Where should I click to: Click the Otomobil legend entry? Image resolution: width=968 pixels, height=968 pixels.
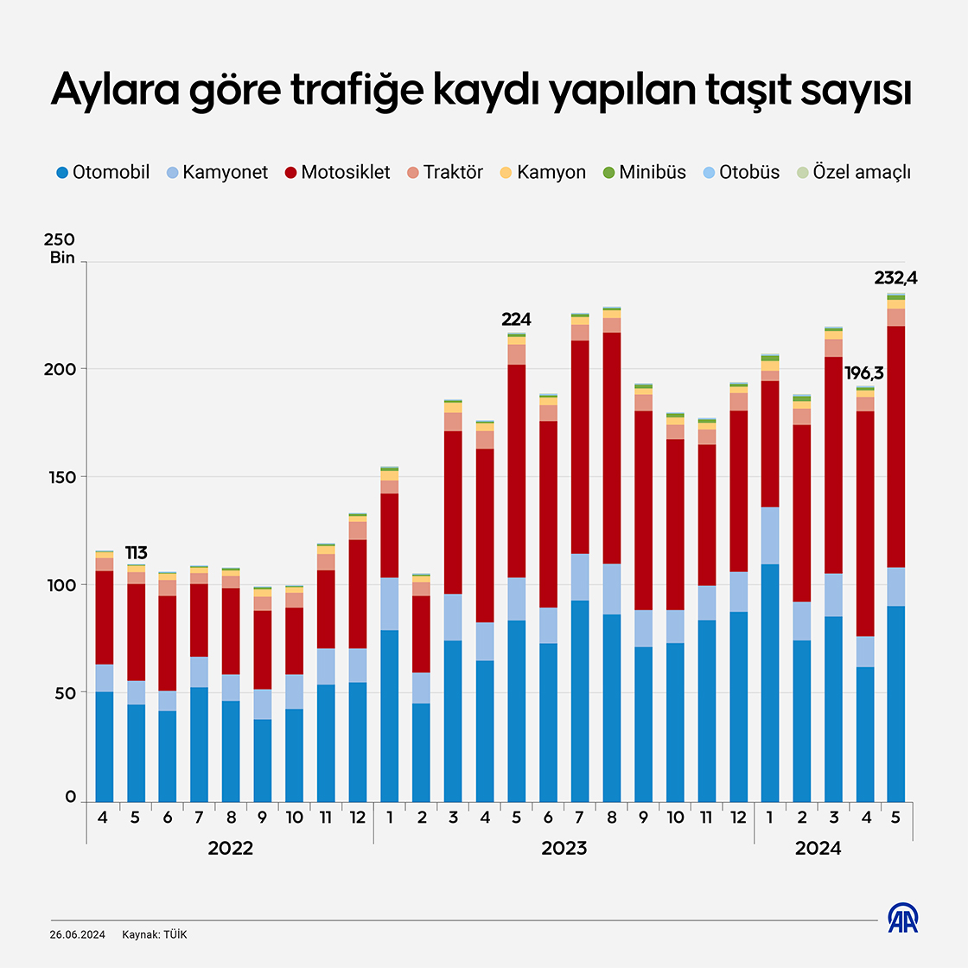tap(102, 172)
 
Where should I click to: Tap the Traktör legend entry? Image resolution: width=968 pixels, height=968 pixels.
tap(445, 172)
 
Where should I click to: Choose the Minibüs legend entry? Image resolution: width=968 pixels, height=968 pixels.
tap(644, 172)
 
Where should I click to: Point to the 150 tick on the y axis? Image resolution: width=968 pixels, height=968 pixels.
tap(60, 477)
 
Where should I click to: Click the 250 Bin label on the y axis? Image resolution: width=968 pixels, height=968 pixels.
tap(60, 248)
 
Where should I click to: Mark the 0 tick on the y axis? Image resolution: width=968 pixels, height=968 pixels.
tap(71, 798)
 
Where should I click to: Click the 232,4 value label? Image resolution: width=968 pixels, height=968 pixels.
tap(895, 278)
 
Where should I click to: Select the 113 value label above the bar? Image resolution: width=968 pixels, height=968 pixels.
tap(136, 553)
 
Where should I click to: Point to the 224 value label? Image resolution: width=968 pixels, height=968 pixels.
tap(516, 320)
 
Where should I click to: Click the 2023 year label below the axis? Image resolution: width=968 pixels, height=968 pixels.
tap(564, 849)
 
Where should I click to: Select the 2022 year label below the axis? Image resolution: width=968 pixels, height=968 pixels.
tap(230, 849)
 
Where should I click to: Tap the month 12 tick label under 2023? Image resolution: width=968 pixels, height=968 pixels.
tap(738, 818)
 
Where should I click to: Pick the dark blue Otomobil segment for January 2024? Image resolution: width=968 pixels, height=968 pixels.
tap(769, 683)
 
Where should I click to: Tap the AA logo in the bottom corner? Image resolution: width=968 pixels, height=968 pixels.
tap(902, 918)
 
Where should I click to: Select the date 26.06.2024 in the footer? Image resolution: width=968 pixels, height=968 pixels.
tap(78, 935)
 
